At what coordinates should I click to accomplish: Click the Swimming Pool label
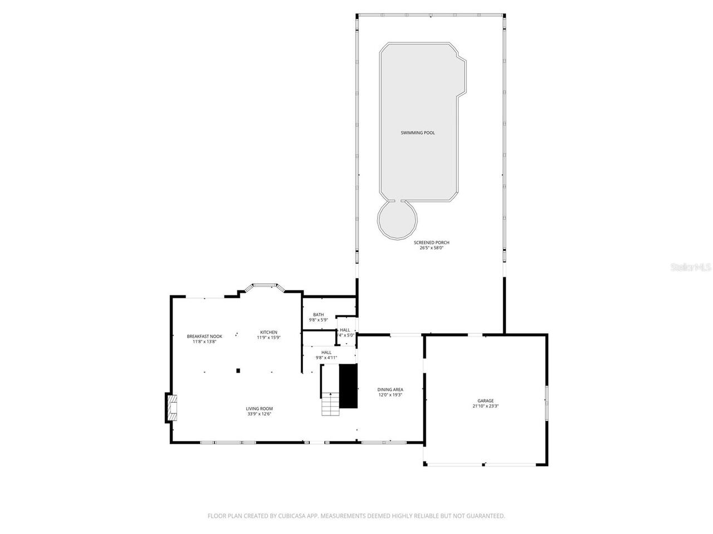tap(418, 133)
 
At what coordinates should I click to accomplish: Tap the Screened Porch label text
tap(431, 243)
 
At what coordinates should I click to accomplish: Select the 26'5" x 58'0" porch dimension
tap(431, 248)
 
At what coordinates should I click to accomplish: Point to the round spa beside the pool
tap(397, 219)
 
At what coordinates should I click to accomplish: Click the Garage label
tap(485, 400)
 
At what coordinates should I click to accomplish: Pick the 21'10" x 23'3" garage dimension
tap(485, 406)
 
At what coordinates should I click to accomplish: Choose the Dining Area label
tap(390, 389)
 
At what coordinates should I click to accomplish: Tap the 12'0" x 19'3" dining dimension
tap(390, 395)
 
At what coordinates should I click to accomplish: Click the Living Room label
tap(259, 408)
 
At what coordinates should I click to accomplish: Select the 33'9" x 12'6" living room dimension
tap(259, 414)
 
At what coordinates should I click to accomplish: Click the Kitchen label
tap(268, 332)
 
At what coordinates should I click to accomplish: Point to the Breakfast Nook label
tap(204, 336)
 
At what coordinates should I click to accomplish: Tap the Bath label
tap(318, 314)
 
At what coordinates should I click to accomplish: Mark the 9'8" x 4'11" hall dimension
tap(326, 358)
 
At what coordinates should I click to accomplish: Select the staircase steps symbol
tap(331, 404)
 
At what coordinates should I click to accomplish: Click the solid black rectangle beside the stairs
tap(349, 386)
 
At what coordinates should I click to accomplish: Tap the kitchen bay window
tap(266, 286)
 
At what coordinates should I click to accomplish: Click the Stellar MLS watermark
tap(691, 268)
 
